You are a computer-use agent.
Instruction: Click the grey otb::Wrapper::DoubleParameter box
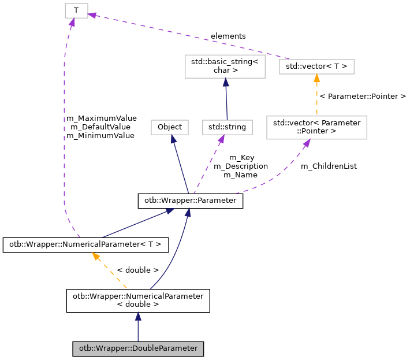138,349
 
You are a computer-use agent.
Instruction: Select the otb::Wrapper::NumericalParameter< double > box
138,300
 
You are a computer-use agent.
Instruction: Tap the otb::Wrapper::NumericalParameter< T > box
85,245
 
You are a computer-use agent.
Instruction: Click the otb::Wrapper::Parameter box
190,201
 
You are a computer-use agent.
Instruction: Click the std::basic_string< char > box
224,66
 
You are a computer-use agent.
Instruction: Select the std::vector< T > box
316,66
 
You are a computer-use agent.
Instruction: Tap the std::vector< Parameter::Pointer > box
316,127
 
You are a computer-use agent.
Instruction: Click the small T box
76,10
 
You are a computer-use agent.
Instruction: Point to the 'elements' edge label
228,36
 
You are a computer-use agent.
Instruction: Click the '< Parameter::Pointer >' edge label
363,96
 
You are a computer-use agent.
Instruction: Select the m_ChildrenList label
329,166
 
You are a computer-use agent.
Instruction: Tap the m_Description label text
241,166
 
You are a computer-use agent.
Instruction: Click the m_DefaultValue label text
100,127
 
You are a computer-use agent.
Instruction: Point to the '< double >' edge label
137,270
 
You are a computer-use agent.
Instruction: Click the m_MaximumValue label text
101,118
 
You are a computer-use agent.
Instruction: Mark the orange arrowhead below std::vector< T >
316,78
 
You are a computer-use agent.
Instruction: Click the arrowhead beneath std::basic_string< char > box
225,83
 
